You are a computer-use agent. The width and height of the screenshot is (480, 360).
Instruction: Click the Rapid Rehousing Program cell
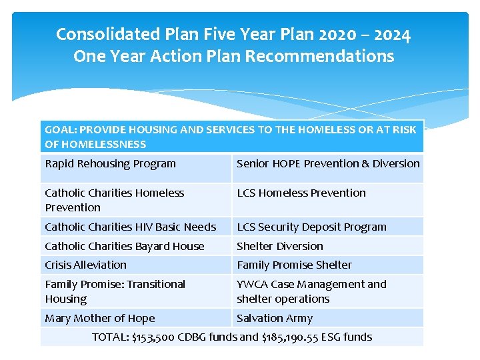tap(111, 164)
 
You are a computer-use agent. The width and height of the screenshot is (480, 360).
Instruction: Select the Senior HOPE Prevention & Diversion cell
tap(328, 164)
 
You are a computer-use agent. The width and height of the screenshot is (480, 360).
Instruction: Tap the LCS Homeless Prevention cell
tap(301, 193)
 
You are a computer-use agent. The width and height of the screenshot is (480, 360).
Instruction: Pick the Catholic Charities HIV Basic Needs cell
tap(131, 227)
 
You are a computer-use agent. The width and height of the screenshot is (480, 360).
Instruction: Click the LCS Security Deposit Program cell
tap(311, 227)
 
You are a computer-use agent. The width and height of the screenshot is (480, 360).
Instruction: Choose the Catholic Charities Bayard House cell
tap(125, 247)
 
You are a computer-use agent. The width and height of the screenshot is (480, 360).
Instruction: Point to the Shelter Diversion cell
tap(280, 247)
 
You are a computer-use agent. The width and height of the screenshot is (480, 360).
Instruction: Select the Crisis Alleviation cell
tap(86, 265)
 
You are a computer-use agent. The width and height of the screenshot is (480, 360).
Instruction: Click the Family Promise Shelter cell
tap(294, 265)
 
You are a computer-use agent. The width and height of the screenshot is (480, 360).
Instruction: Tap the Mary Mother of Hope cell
tap(100, 319)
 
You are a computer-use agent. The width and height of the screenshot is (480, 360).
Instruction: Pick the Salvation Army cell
tap(275, 319)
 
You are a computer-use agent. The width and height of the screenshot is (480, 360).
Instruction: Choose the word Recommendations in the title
tap(319, 57)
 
